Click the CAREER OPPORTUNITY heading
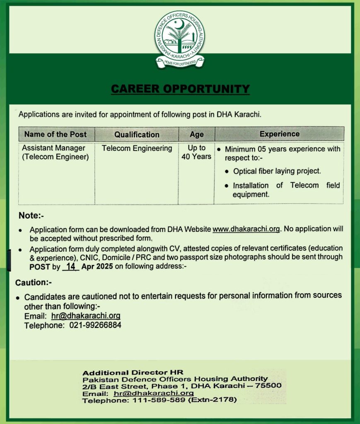click(180, 89)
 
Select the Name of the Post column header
click(56, 134)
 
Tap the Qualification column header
click(137, 135)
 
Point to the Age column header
click(196, 135)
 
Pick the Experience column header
click(279, 134)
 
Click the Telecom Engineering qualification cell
click(137, 148)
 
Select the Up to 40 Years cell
click(196, 152)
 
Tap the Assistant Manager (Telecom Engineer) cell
click(55, 152)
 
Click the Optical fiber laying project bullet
click(277, 171)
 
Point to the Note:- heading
click(31, 216)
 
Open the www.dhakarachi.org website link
click(247, 229)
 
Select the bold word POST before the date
click(39, 267)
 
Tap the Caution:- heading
click(33, 283)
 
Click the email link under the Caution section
click(86, 316)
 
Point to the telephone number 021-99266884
click(93, 325)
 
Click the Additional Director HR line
click(133, 372)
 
